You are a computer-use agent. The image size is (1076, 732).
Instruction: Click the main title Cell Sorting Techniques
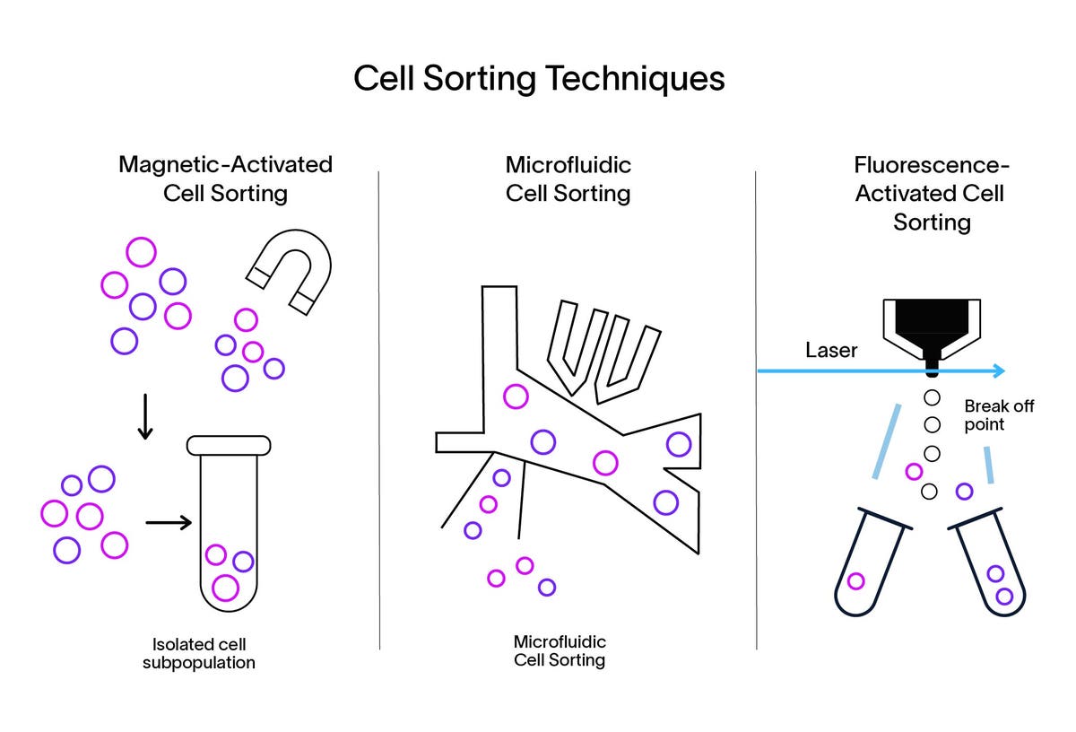click(x=538, y=78)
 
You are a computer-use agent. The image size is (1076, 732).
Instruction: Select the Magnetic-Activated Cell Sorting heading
click(x=225, y=179)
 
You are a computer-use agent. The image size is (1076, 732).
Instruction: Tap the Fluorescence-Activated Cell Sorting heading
click(x=932, y=193)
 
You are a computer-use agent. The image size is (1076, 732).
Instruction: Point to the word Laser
click(x=831, y=350)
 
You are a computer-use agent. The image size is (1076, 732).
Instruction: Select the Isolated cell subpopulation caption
click(x=198, y=654)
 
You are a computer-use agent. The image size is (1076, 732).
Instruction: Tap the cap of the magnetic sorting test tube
click(x=228, y=444)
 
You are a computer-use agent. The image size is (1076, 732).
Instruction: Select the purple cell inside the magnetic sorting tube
click(x=243, y=562)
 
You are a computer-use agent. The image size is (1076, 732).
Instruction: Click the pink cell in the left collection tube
click(x=856, y=580)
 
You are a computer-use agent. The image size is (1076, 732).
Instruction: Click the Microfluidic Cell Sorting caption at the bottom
click(x=559, y=651)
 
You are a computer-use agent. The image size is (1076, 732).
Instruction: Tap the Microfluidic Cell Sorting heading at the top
click(x=568, y=179)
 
